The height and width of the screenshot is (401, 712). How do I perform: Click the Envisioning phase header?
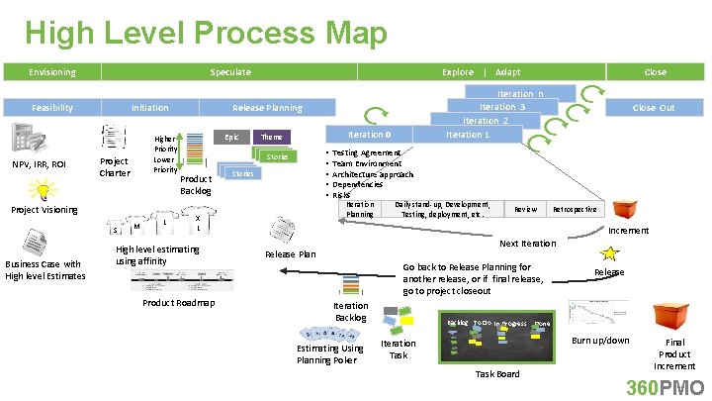click(51, 72)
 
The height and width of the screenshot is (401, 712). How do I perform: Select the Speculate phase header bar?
click(230, 72)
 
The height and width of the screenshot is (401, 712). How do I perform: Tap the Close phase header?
click(655, 72)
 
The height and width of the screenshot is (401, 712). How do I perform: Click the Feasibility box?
click(51, 107)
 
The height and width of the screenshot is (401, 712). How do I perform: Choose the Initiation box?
click(150, 107)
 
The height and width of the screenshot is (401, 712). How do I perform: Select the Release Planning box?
click(267, 107)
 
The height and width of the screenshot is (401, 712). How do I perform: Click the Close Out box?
click(654, 107)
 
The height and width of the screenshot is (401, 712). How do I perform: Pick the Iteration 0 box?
click(369, 135)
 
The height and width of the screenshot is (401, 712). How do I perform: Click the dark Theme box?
click(272, 137)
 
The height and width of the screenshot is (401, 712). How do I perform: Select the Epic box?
click(230, 137)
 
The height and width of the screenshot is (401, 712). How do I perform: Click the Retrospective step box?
click(575, 209)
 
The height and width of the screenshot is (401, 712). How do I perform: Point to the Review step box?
click(525, 209)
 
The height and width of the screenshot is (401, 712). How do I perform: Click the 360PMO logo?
click(666, 386)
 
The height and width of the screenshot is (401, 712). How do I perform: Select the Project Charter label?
click(115, 167)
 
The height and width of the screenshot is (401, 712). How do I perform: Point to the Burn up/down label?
click(600, 341)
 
